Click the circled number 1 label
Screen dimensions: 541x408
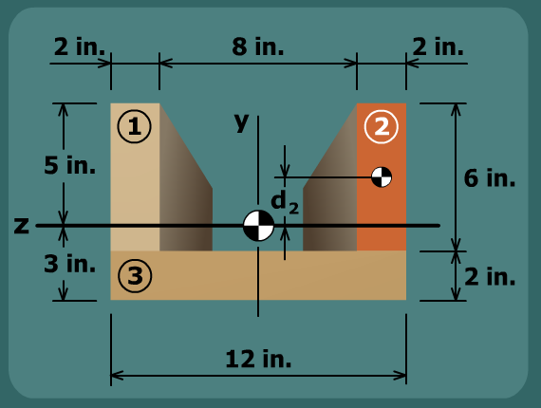pyautogui.click(x=134, y=126)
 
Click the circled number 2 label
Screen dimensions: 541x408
pyautogui.click(x=382, y=126)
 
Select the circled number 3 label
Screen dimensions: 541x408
pyautogui.click(x=135, y=275)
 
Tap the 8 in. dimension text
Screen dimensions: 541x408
pyautogui.click(x=258, y=46)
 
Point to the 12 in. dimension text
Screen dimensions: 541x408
pyautogui.click(x=258, y=359)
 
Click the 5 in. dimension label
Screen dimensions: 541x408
pyautogui.click(x=69, y=165)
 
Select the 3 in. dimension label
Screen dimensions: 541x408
pyautogui.click(x=69, y=264)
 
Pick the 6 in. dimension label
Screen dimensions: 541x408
pyautogui.click(x=490, y=178)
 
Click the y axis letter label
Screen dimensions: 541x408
pyautogui.click(x=241, y=122)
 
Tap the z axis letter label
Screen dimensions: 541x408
pyautogui.click(x=22, y=226)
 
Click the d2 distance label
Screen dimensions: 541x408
pyautogui.click(x=285, y=203)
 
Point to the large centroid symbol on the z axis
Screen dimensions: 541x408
pyautogui.click(x=258, y=226)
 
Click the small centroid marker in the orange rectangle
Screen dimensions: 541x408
pyautogui.click(x=382, y=177)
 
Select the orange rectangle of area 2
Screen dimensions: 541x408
pyautogui.click(x=382, y=176)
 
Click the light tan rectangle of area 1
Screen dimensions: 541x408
pyautogui.click(x=135, y=176)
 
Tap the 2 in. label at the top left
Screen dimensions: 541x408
pyautogui.click(x=80, y=46)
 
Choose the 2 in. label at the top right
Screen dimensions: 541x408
pyautogui.click(x=438, y=46)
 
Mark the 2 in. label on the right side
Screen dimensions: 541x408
pyautogui.click(x=490, y=277)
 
